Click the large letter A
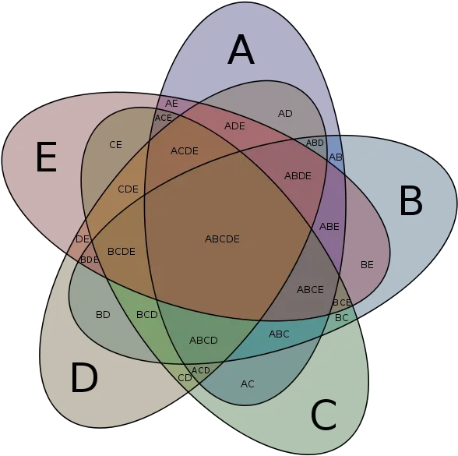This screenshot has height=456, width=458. [241, 49]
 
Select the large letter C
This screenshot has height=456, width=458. [324, 415]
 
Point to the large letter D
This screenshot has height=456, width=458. [84, 377]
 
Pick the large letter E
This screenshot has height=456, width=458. [46, 157]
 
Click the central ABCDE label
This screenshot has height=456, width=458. [222, 239]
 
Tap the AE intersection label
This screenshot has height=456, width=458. [171, 103]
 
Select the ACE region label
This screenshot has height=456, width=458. [164, 118]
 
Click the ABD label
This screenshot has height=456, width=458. [315, 143]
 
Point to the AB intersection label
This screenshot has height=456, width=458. [335, 157]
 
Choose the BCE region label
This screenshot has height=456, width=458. [342, 302]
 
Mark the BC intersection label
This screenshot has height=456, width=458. [341, 317]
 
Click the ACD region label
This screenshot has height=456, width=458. [201, 370]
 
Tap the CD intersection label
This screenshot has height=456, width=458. [185, 378]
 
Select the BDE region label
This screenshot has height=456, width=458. [90, 260]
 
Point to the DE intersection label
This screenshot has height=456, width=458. [83, 239]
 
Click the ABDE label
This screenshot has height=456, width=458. [298, 176]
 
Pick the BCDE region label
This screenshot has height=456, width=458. [122, 251]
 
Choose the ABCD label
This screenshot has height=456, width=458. [203, 340]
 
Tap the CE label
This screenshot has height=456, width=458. [115, 145]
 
